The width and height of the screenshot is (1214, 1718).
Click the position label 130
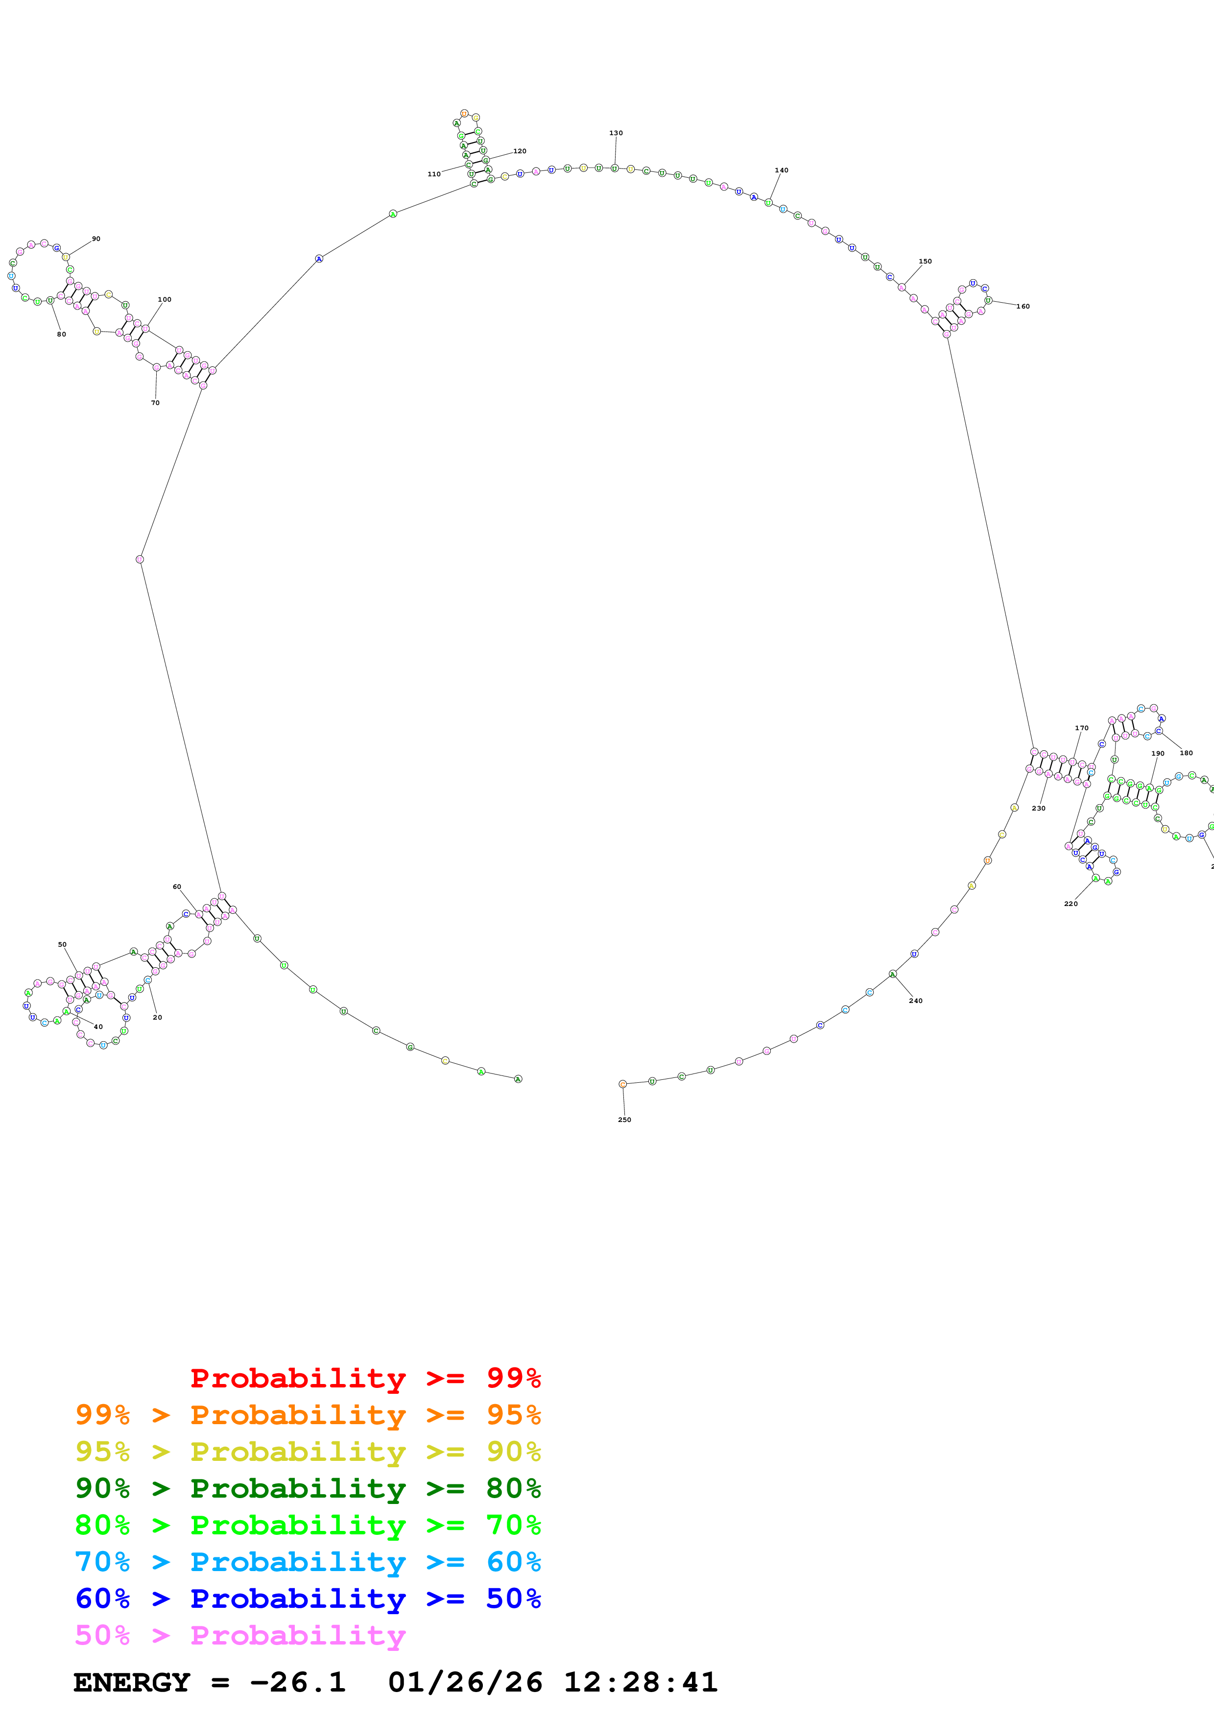coord(616,133)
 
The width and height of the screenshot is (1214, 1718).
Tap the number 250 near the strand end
coord(624,1120)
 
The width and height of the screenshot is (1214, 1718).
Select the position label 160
coord(1023,306)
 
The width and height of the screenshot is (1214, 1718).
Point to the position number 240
coord(916,1001)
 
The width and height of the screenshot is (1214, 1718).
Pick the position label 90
coord(96,239)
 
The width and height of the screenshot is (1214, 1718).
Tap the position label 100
coord(165,299)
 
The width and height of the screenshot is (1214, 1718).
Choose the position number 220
coord(1071,903)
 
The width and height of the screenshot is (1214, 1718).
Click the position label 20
coord(157,1017)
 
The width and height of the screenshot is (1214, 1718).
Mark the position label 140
coord(782,170)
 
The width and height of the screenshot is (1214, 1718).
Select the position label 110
coord(434,174)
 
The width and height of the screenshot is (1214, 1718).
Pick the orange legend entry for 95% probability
coord(308,1414)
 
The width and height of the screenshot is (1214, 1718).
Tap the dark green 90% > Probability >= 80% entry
coord(308,1488)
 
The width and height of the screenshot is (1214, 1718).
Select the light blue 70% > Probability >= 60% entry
coord(308,1562)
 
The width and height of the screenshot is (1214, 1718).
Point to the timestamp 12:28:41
coord(640,1682)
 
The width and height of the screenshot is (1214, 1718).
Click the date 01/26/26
coord(465,1682)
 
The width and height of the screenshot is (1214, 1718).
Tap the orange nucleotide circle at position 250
coord(622,1083)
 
